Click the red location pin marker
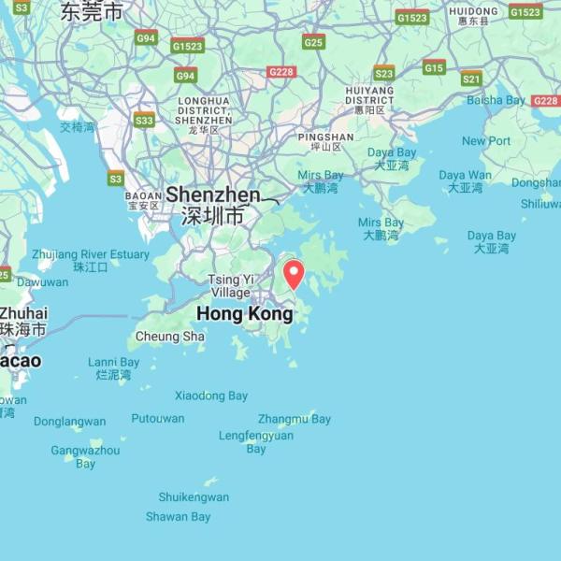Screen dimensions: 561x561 (294, 274)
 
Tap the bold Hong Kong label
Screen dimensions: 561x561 (245, 314)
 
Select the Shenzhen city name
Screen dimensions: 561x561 (213, 195)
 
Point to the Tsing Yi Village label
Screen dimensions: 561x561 (230, 286)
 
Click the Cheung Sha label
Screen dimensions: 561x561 (169, 337)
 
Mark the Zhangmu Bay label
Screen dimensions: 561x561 (295, 419)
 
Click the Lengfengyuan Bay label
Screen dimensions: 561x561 (255, 442)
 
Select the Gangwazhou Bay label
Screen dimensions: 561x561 (85, 456)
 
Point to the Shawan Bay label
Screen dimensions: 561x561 (178, 517)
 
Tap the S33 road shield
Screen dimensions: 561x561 (144, 121)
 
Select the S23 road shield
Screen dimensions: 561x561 (383, 73)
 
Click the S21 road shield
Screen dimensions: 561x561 (471, 79)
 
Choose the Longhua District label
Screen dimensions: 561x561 (203, 110)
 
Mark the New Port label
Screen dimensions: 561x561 (486, 141)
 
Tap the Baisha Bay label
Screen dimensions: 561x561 (496, 100)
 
